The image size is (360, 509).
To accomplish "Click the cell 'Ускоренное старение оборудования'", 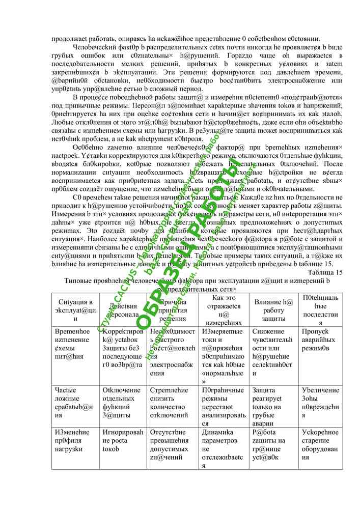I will click(x=320, y=444).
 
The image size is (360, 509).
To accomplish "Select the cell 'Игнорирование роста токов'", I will click(x=122, y=440).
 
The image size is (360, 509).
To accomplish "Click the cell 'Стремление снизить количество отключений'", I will click(x=172, y=403).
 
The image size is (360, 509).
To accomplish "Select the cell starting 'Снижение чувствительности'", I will click(x=272, y=352).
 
